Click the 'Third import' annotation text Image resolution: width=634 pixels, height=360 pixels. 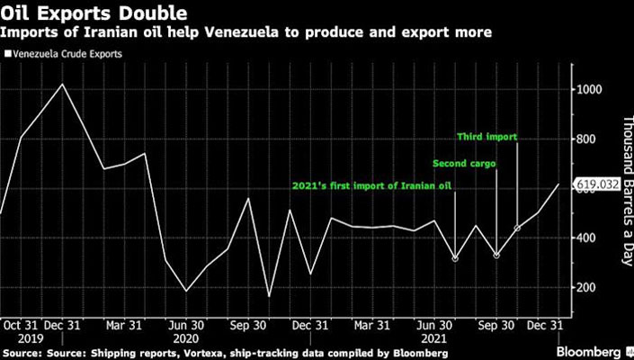coord(487,138)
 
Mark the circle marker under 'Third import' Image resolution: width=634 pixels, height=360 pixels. coord(517,229)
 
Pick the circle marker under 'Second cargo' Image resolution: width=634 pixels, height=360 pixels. coord(496,256)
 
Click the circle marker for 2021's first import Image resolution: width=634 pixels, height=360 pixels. coord(455,258)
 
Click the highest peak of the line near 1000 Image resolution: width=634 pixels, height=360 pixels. coord(61,85)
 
